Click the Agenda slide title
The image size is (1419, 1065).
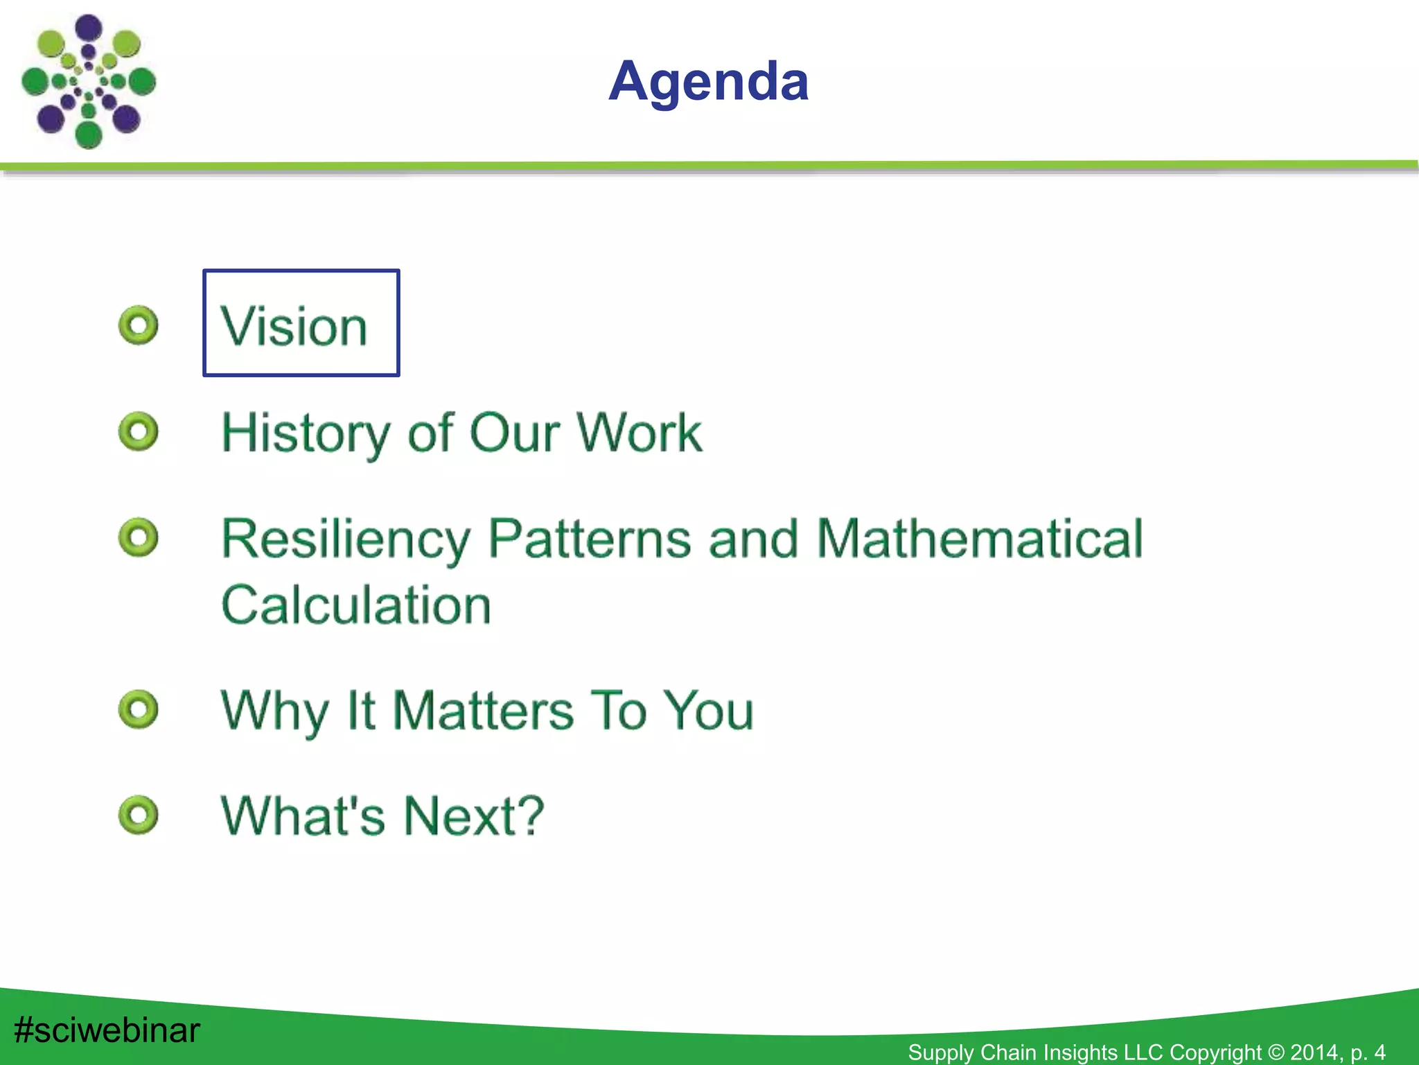click(708, 82)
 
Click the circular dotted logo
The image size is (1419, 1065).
click(88, 82)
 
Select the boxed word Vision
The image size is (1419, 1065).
click(294, 326)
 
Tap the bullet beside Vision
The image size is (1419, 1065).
click(139, 325)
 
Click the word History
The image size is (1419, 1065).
click(306, 433)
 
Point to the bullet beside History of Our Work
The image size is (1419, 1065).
click(139, 432)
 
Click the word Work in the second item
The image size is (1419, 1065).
click(639, 433)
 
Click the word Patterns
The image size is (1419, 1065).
click(590, 539)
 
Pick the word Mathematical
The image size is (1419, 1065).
click(980, 539)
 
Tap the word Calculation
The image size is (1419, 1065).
click(356, 605)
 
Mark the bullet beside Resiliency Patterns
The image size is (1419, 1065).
click(139, 537)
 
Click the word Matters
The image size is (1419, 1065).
click(483, 711)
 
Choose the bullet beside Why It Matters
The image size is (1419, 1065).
click(139, 709)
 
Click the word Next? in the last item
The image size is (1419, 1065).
click(474, 816)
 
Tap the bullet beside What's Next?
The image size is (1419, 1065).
click(139, 815)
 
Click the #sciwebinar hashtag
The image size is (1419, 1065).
click(107, 1030)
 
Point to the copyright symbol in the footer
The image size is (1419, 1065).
click(1276, 1052)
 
